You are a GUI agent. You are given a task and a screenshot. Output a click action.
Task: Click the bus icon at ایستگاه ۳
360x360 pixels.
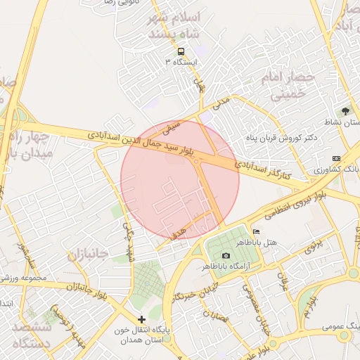coord(181,51)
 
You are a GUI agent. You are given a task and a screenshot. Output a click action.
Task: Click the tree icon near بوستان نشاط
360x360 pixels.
coord(345,111)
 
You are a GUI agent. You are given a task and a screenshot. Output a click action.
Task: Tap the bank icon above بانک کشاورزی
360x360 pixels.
coord(336,159)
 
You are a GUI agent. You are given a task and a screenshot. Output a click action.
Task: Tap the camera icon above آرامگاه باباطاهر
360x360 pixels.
coord(226,255)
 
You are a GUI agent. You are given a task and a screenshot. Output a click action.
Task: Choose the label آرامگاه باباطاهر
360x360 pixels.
coord(226,266)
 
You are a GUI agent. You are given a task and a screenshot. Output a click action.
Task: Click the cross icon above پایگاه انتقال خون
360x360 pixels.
coord(142,319)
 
